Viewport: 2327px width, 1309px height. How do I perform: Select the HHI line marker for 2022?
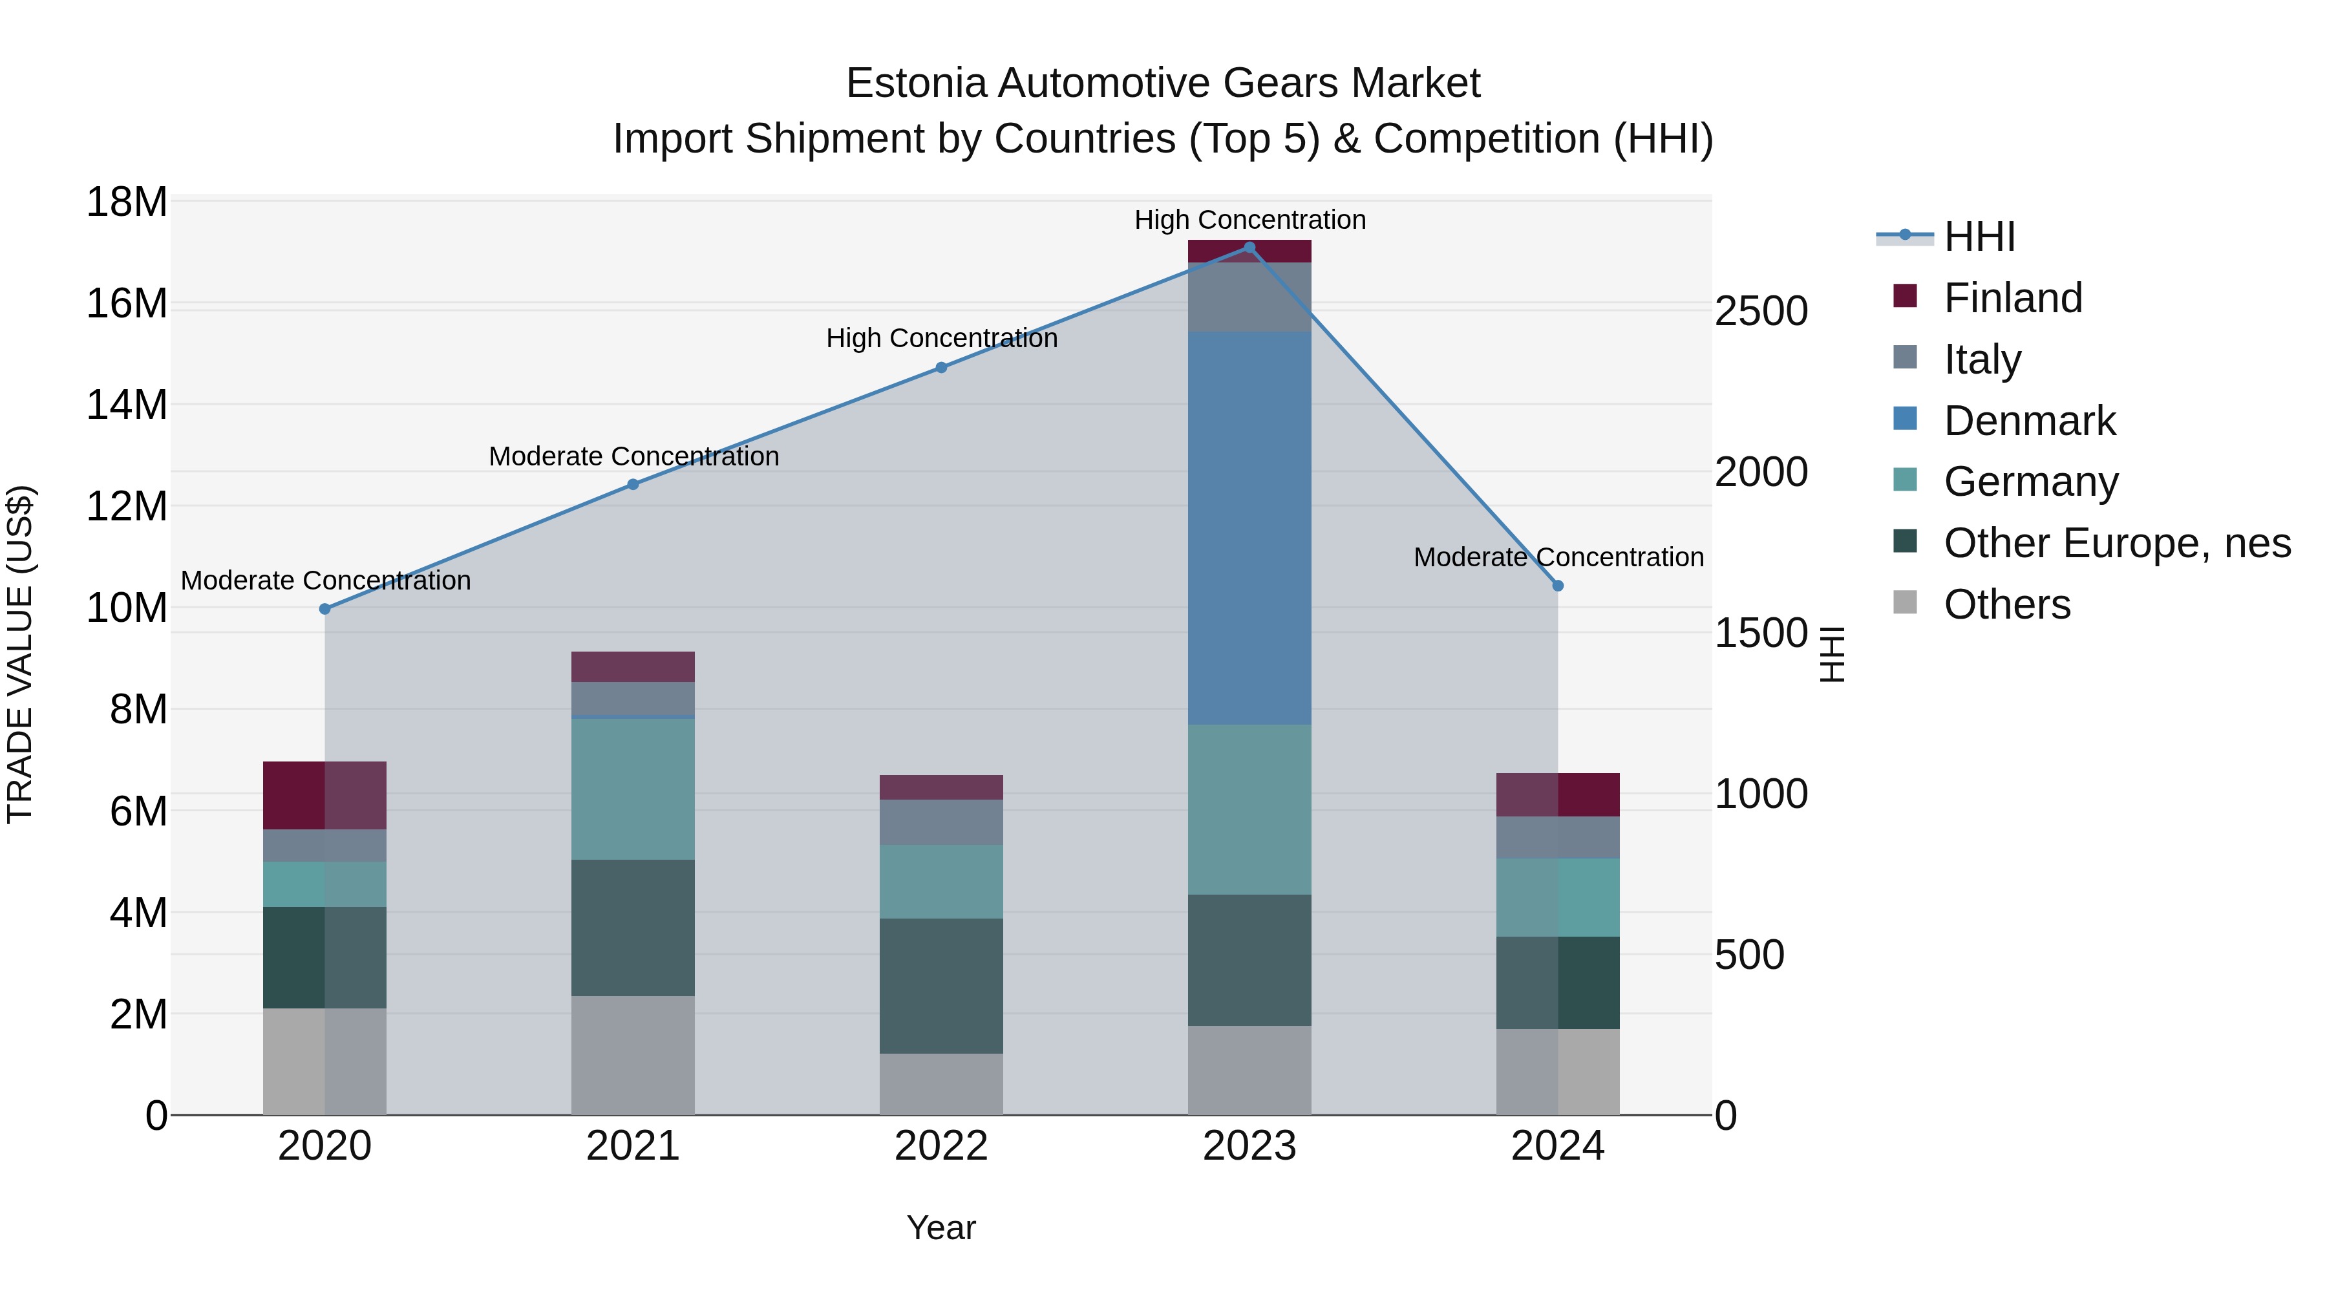point(941,368)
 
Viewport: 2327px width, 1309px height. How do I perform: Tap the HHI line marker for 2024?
point(1557,586)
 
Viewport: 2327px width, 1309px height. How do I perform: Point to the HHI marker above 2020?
point(325,609)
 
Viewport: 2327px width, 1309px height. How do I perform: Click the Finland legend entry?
point(2013,298)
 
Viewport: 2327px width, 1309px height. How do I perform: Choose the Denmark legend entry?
point(2029,421)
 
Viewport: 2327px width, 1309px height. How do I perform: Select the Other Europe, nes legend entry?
point(2116,543)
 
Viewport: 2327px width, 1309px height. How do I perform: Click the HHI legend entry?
point(1979,237)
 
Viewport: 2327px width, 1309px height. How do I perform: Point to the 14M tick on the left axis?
point(127,405)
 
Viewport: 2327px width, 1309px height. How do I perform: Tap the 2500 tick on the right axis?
point(1761,312)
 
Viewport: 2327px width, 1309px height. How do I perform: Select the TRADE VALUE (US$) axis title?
point(20,654)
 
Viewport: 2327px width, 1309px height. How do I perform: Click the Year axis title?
point(941,1228)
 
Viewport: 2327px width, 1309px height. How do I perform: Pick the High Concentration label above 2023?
point(1249,220)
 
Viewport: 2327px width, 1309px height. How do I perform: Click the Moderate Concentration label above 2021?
point(633,456)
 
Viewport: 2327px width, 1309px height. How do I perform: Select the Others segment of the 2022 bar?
point(941,1083)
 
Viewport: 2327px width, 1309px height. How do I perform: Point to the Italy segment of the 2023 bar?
point(1249,297)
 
